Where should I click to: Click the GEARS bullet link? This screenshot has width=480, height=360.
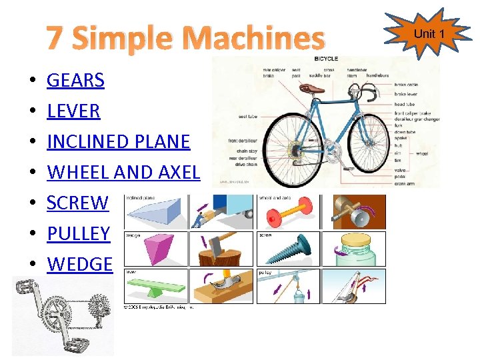pyautogui.click(x=75, y=81)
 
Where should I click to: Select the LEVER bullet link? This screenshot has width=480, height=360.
pyautogui.click(x=73, y=111)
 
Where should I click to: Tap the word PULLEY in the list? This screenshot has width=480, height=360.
pyautogui.click(x=78, y=234)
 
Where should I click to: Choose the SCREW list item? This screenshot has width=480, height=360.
pyautogui.click(x=77, y=203)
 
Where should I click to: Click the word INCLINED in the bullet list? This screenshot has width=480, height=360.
pyautogui.click(x=83, y=142)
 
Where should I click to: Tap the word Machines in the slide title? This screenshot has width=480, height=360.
pyautogui.click(x=257, y=39)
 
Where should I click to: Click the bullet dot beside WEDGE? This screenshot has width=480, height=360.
pyautogui.click(x=32, y=265)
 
